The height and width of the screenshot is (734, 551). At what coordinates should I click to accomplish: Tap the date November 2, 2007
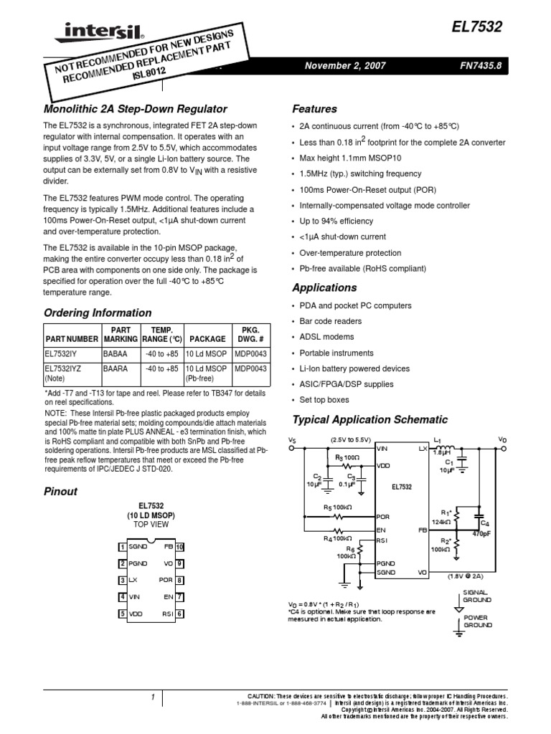(345, 65)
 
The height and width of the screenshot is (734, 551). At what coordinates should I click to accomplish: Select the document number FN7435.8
(481, 65)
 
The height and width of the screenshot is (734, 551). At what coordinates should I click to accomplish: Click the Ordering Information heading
(98, 313)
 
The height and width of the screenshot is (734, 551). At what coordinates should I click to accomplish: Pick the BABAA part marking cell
(115, 354)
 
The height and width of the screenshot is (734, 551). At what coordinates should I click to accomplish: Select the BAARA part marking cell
(115, 368)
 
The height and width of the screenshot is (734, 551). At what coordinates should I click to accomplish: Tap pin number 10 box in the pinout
(181, 546)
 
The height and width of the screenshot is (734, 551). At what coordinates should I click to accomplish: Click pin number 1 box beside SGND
(123, 546)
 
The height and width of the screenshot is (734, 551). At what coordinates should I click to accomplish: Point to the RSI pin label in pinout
(168, 613)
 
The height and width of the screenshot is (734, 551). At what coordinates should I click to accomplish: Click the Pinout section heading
(60, 492)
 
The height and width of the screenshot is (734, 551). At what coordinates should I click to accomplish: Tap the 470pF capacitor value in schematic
(480, 533)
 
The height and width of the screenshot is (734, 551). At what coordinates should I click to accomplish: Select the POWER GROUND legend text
(475, 621)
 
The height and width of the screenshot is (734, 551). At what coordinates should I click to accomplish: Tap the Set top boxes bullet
(324, 400)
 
